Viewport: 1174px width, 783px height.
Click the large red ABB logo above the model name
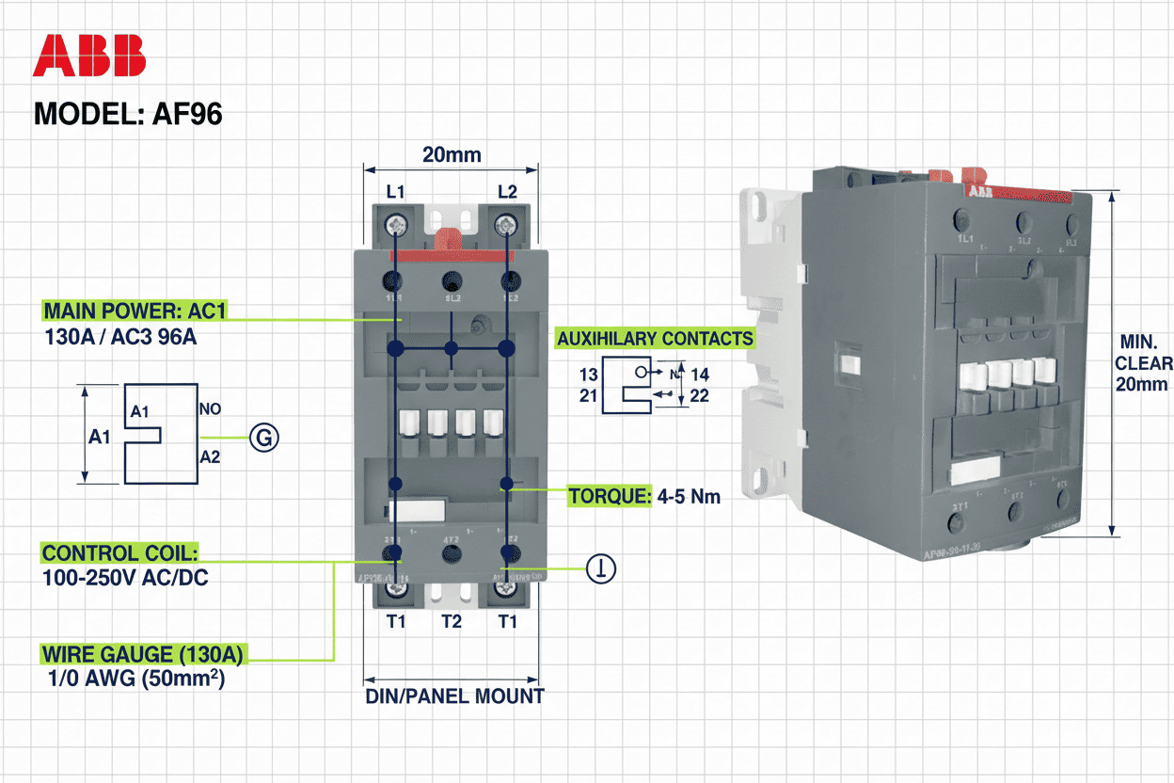(89, 56)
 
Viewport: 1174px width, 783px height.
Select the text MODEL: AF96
(128, 114)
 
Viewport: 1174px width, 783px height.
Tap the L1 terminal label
(396, 191)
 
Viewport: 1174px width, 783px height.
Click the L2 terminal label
(507, 191)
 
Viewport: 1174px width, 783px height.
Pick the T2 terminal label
(452, 621)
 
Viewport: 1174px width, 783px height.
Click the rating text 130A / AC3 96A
(119, 336)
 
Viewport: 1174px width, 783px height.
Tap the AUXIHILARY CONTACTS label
(655, 339)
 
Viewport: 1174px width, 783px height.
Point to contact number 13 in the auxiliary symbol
(589, 375)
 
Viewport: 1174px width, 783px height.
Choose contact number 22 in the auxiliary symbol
(699, 396)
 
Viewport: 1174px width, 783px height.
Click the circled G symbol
(265, 438)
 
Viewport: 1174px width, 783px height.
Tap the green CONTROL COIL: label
(120, 553)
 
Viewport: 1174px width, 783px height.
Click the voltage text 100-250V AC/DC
(125, 577)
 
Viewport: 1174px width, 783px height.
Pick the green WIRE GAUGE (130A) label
(146, 654)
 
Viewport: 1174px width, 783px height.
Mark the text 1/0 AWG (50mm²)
(135, 679)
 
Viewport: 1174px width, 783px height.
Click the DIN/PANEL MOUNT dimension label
(454, 696)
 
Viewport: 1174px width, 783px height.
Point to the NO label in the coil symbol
(210, 411)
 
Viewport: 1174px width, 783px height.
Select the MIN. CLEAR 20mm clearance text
(1143, 362)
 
